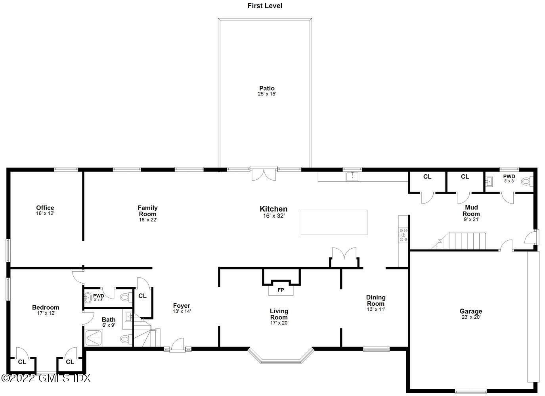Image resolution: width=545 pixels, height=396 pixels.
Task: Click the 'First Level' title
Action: pyautogui.click(x=265, y=6)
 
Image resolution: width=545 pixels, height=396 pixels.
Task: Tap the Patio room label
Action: pyautogui.click(x=267, y=88)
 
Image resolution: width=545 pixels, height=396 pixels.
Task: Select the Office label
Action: pyautogui.click(x=45, y=208)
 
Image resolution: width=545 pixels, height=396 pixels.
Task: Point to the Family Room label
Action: pyautogui.click(x=147, y=211)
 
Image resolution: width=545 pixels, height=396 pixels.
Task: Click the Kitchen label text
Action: pyautogui.click(x=273, y=209)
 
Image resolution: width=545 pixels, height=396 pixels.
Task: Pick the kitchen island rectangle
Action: pyautogui.click(x=334, y=223)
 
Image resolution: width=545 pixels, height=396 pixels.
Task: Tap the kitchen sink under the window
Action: pyautogui.click(x=352, y=176)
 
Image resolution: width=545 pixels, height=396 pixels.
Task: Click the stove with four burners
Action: pyautogui.click(x=403, y=235)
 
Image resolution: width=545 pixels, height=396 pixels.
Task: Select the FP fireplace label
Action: pyautogui.click(x=281, y=290)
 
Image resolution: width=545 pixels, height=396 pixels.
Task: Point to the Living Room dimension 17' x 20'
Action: pyautogui.click(x=279, y=323)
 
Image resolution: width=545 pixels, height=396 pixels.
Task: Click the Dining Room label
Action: pyautogui.click(x=375, y=300)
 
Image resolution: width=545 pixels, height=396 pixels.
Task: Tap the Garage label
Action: pyautogui.click(x=470, y=311)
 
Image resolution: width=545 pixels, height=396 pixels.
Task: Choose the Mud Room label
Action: pyautogui.click(x=471, y=210)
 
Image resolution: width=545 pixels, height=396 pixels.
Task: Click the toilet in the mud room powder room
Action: pyautogui.click(x=526, y=182)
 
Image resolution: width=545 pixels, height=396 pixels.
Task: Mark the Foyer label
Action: pyautogui.click(x=182, y=306)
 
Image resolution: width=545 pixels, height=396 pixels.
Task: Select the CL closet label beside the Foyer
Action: pyautogui.click(x=142, y=296)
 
